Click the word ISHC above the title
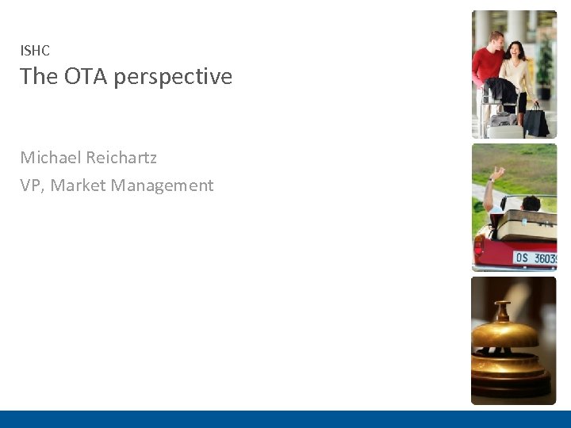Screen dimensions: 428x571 tap(35, 51)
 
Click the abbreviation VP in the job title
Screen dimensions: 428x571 tap(30, 185)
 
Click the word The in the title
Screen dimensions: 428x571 tap(35, 77)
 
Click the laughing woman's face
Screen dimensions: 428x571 tap(515, 50)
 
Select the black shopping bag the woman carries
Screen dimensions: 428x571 tap(536, 121)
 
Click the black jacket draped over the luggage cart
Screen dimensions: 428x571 tap(500, 92)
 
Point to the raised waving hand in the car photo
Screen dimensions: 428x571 tap(496, 174)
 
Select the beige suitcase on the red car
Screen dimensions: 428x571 tap(527, 225)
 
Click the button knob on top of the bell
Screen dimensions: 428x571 tap(503, 305)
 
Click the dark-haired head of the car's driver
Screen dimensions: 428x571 tap(531, 202)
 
